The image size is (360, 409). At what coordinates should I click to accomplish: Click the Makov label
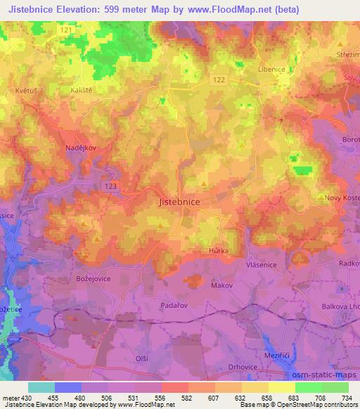[x=221, y=287]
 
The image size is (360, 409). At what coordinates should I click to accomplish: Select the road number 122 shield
[x=219, y=81]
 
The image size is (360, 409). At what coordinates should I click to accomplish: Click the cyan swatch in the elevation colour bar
[x=41, y=387]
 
